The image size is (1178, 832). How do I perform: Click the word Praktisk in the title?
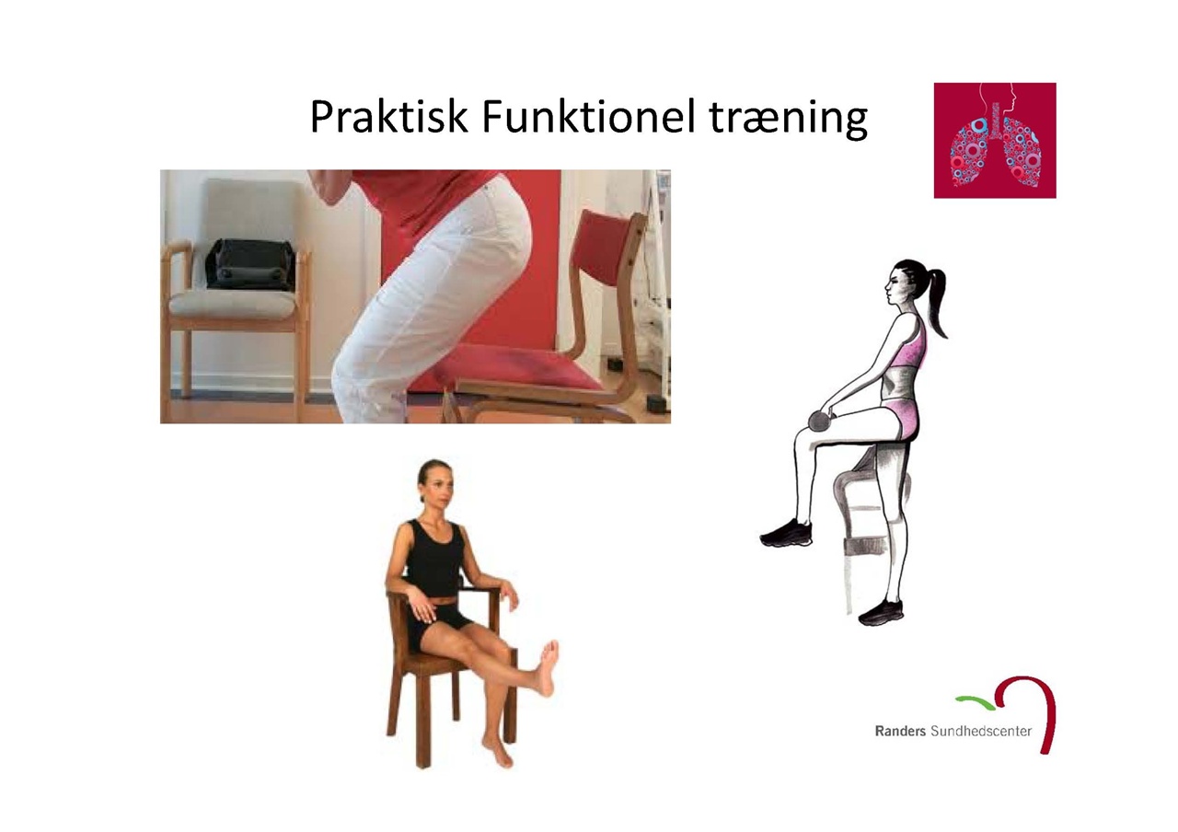pyautogui.click(x=388, y=117)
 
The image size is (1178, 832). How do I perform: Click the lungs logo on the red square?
pyautogui.click(x=995, y=141)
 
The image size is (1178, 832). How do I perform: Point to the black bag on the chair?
pyautogui.click(x=250, y=264)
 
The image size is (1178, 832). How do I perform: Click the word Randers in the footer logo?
pyautogui.click(x=900, y=731)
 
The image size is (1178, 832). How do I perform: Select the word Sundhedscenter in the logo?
pyautogui.click(x=981, y=731)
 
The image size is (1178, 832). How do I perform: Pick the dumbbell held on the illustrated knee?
pyautogui.click(x=819, y=421)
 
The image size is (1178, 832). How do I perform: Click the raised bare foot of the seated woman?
pyautogui.click(x=547, y=668)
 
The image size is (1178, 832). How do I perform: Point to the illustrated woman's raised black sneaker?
pyautogui.click(x=786, y=533)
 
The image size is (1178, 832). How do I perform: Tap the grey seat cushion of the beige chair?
pyautogui.click(x=232, y=303)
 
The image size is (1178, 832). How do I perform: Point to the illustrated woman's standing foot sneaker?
pyautogui.click(x=880, y=613)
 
